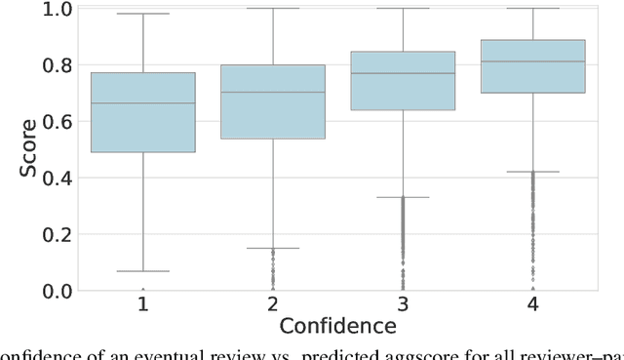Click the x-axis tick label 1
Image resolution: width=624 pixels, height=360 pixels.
[142, 305]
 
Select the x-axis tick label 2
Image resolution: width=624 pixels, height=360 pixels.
[272, 305]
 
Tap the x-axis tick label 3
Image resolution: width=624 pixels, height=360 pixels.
[402, 305]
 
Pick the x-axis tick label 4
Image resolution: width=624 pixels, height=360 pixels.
[532, 305]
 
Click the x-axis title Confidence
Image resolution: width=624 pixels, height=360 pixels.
[337, 326]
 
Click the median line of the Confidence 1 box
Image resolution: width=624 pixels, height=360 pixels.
[142, 103]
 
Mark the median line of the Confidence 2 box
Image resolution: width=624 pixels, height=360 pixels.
[272, 93]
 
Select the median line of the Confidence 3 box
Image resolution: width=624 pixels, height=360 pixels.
[402, 73]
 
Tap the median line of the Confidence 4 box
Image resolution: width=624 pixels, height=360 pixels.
[532, 61]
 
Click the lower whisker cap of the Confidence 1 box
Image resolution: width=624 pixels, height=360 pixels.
[142, 271]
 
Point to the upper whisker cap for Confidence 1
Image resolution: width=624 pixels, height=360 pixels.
[142, 15]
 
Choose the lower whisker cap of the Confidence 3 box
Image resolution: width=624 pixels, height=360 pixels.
[402, 197]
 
